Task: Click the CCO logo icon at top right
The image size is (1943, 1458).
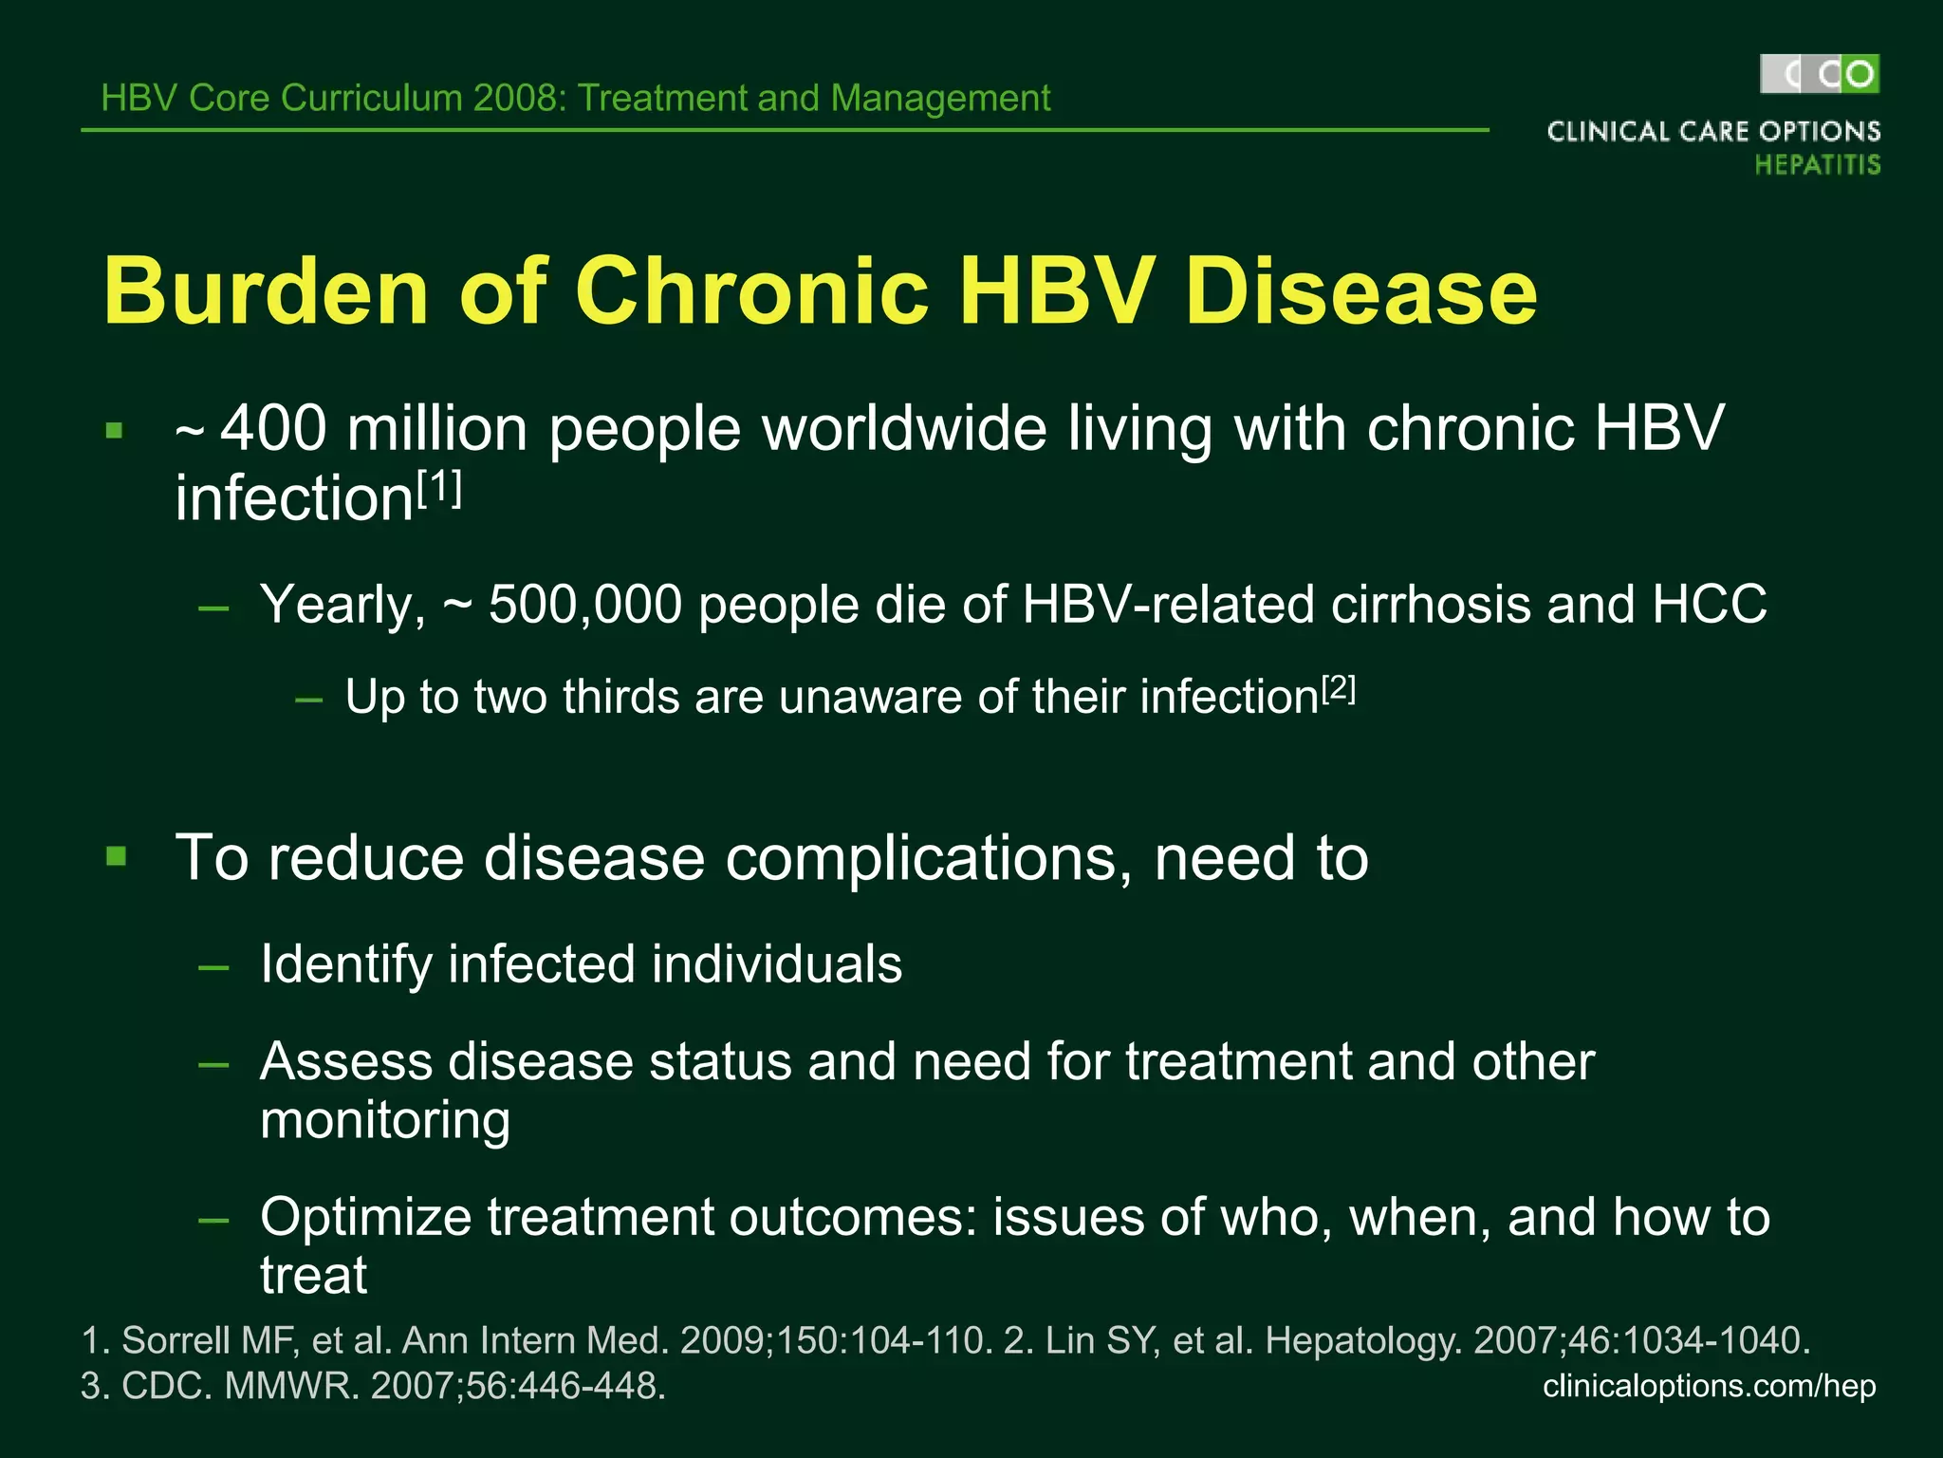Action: [x=1820, y=74]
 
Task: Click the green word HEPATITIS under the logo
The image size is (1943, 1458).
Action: [x=1817, y=165]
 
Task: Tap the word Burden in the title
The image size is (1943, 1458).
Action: [x=267, y=290]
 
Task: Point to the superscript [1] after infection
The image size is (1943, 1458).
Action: [x=439, y=490]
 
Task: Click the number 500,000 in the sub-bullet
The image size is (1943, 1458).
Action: [x=584, y=605]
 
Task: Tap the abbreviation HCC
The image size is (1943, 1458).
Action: [x=1709, y=605]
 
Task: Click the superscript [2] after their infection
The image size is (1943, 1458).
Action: [x=1338, y=688]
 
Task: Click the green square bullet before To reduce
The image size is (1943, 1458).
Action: [x=117, y=857]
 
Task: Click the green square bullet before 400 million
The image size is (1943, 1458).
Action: [x=115, y=431]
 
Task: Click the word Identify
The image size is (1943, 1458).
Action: [x=345, y=965]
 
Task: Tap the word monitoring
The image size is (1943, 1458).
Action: [x=385, y=1121]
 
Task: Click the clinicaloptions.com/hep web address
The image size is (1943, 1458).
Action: [x=1709, y=1386]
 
